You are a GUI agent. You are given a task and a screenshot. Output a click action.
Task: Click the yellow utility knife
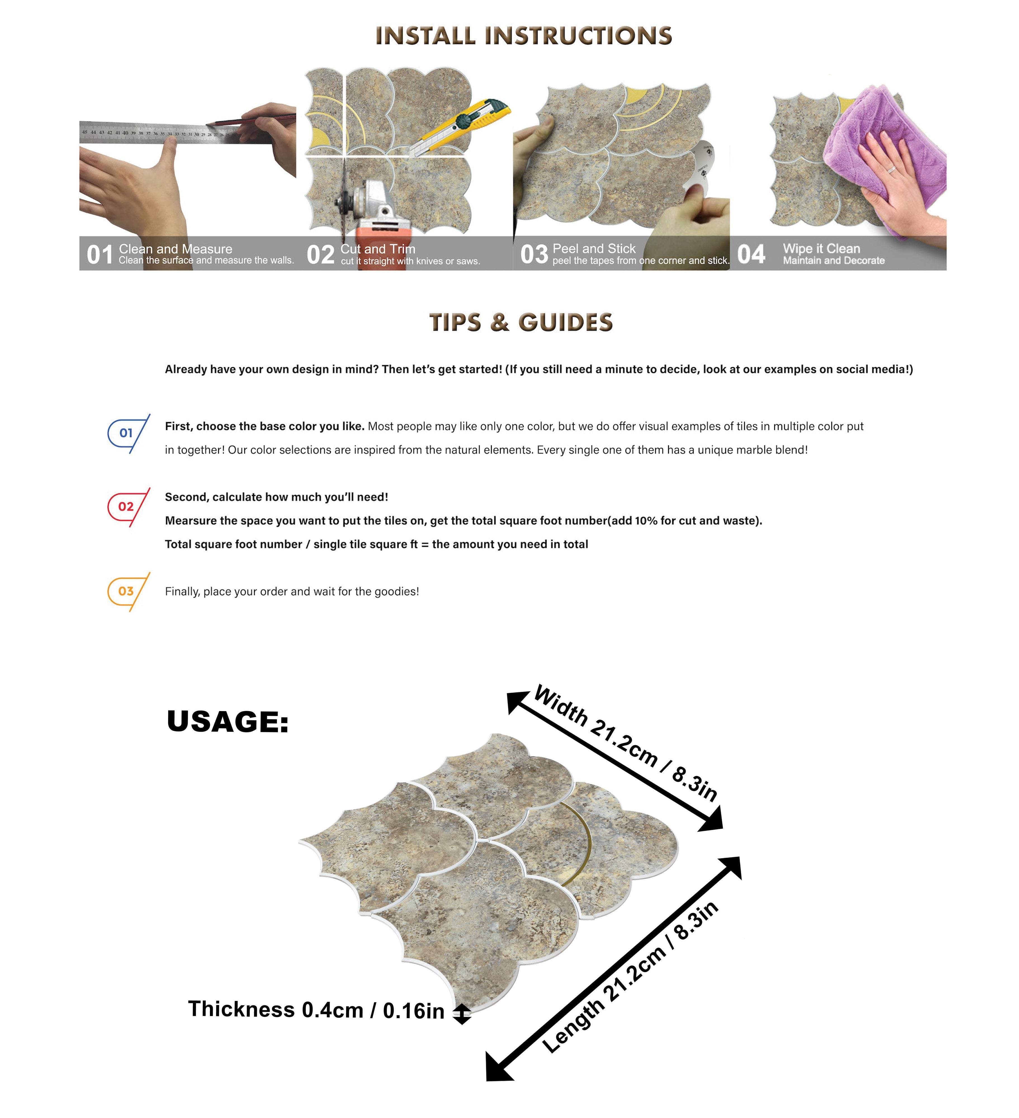460,126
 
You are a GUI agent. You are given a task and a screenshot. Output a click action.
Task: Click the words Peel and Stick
594,248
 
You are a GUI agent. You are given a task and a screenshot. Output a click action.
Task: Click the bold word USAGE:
228,722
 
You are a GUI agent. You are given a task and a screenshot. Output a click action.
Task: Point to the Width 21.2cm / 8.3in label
626,743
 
